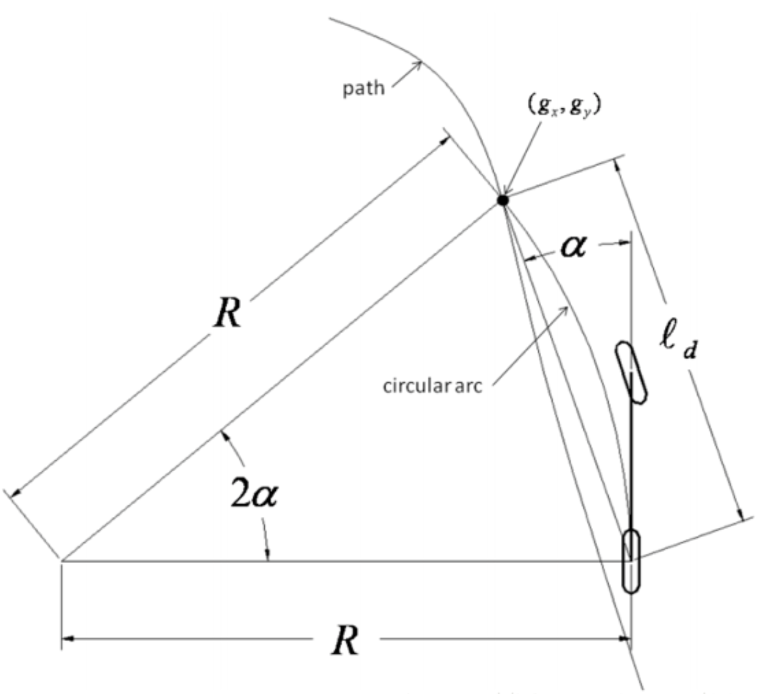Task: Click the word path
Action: pos(363,88)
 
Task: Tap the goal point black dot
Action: pos(502,200)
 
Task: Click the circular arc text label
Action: pos(432,386)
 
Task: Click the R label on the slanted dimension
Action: pos(228,314)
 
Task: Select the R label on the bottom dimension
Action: pos(345,641)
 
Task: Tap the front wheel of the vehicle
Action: pos(631,373)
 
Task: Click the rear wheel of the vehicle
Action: pos(631,561)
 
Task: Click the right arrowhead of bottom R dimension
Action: pos(625,639)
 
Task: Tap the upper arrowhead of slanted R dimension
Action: pos(445,139)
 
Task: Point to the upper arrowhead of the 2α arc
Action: pos(225,434)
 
